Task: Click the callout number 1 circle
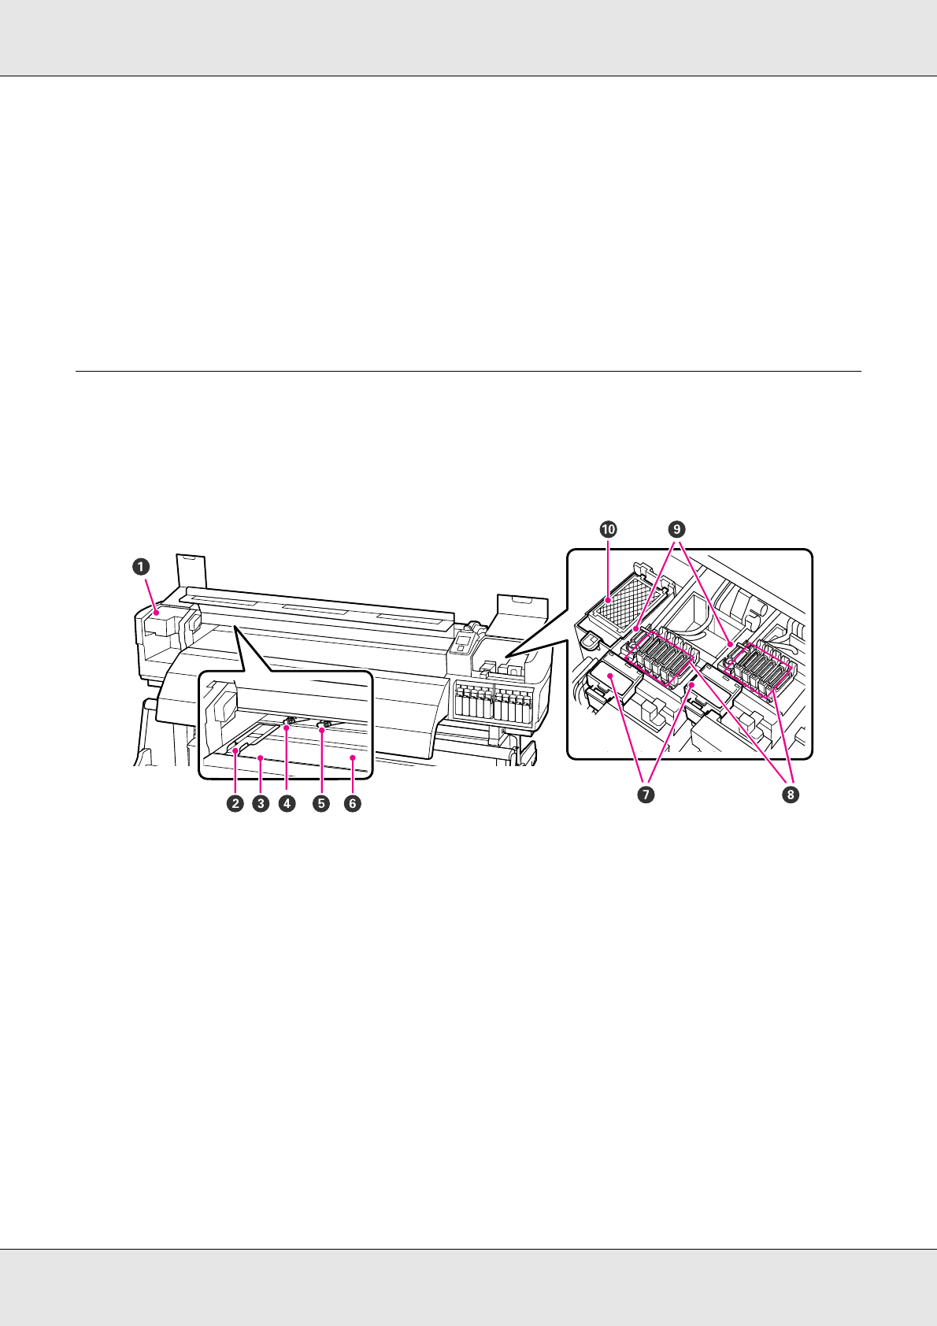tap(139, 565)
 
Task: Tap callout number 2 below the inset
tap(235, 804)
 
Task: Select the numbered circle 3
tap(260, 804)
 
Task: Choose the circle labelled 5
tap(320, 804)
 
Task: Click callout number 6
tap(353, 804)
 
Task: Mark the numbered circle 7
tap(645, 795)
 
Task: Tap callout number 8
tap(790, 795)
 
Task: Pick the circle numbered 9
tap(676, 530)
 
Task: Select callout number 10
tap(608, 530)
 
